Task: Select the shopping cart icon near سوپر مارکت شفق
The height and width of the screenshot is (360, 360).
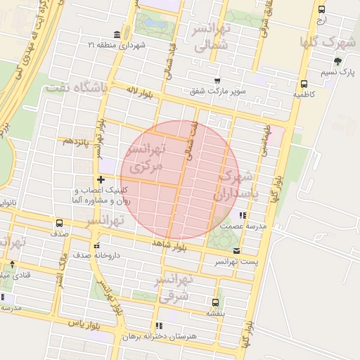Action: click(217, 81)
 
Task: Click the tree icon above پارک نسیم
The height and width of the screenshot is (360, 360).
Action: click(337, 61)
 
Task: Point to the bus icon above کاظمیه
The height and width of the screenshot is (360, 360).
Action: click(304, 82)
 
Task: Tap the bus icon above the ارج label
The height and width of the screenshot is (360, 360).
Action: click(321, 9)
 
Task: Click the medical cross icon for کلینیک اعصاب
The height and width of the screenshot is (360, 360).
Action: click(101, 180)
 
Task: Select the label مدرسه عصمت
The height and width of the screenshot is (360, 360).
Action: click(243, 226)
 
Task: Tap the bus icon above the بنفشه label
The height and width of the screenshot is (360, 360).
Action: click(214, 302)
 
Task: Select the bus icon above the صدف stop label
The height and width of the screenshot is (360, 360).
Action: click(58, 221)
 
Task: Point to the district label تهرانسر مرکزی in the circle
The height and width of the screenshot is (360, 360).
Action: click(146, 158)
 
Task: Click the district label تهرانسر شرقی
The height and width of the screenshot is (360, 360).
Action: click(175, 288)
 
